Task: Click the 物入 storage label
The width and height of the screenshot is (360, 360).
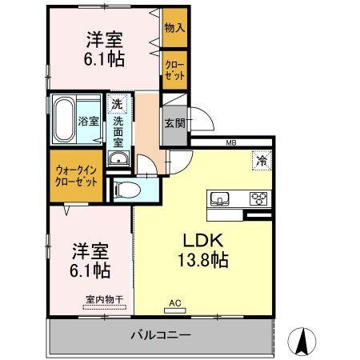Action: click(174, 27)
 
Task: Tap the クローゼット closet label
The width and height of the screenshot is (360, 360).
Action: click(174, 69)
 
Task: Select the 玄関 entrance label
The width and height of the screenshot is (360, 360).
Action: click(175, 123)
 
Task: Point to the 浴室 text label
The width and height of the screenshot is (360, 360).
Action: click(89, 122)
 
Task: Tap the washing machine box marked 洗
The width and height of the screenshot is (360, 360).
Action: click(117, 103)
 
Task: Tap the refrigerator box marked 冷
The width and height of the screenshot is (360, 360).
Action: click(261, 159)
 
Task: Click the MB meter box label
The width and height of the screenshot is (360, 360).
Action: click(231, 143)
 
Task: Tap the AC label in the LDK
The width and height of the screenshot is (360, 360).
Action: click(175, 304)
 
